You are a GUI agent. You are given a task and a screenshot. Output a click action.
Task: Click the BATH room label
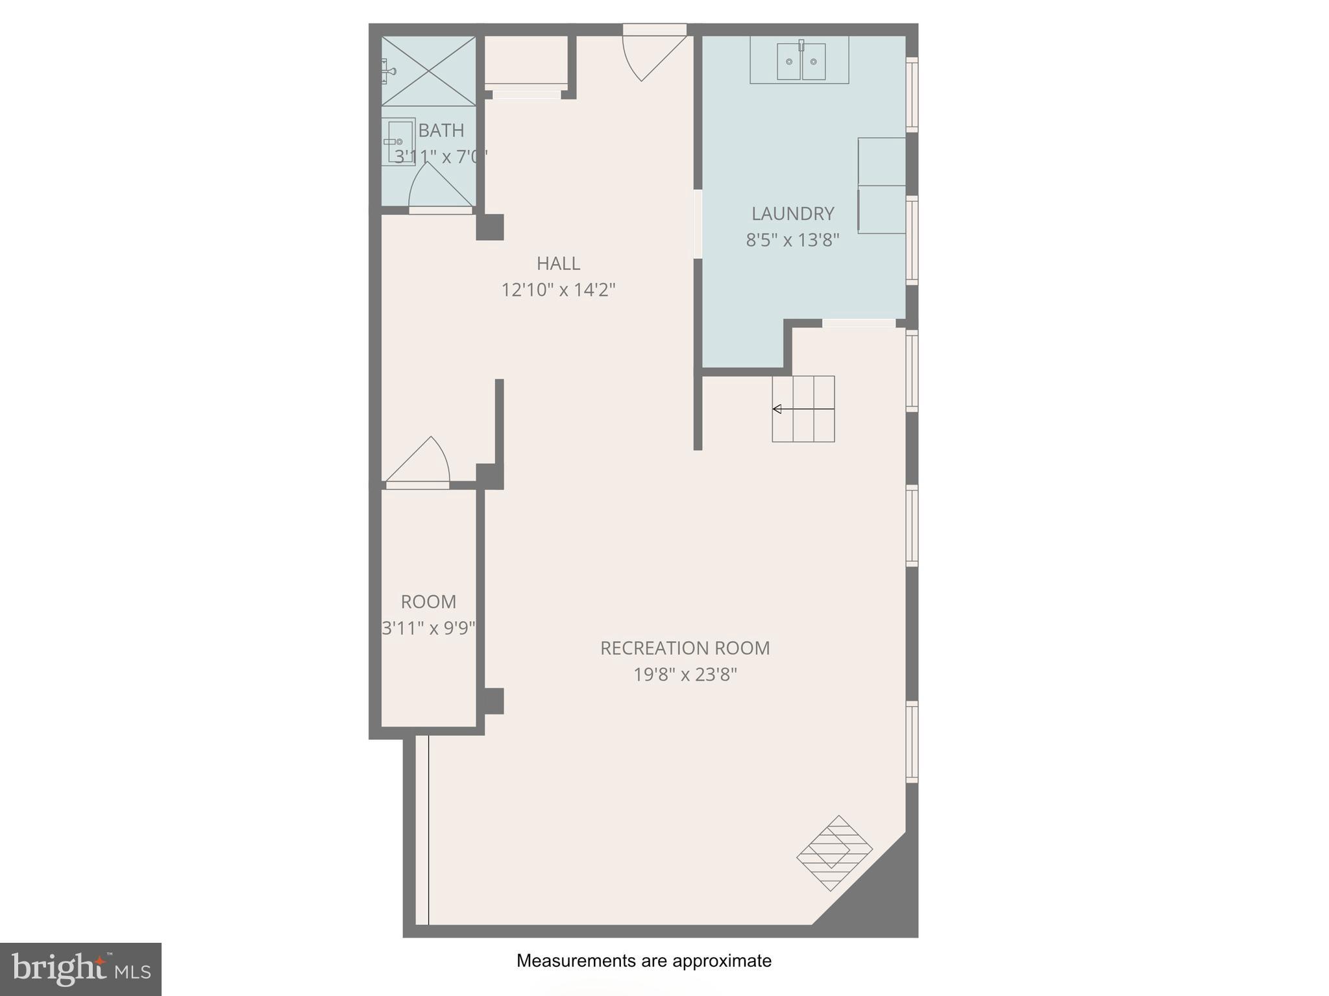[441, 130]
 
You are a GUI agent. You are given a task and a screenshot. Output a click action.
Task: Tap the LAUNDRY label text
[792, 213]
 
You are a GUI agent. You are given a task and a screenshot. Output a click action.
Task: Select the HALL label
[558, 263]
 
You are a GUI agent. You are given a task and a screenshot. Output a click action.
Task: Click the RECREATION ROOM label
[685, 648]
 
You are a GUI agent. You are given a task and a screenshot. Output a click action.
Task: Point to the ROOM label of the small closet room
[428, 602]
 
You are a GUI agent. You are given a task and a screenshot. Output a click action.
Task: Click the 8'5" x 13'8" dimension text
[792, 240]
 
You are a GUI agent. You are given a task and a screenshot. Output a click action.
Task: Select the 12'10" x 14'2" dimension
[558, 289]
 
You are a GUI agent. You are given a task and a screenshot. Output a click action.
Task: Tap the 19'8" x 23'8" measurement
[685, 675]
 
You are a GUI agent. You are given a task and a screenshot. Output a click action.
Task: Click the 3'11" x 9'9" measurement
[428, 628]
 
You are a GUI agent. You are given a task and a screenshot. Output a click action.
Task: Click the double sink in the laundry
[801, 61]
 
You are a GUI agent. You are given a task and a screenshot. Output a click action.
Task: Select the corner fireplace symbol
[835, 853]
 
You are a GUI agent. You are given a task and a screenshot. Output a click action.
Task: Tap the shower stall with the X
[428, 71]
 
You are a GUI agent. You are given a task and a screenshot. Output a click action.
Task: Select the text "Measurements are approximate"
[644, 961]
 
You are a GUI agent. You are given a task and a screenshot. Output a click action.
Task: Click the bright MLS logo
[80, 969]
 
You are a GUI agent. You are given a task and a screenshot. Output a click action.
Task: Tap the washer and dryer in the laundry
[881, 186]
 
